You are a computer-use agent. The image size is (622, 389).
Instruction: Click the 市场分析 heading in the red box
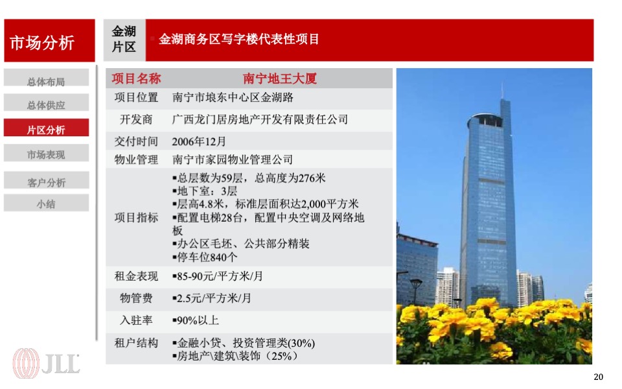point(42,43)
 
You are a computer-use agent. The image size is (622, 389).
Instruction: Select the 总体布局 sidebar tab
point(46,82)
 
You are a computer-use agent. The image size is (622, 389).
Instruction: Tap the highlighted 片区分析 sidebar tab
point(46,130)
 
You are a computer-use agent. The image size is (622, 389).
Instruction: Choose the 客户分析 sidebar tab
point(46,182)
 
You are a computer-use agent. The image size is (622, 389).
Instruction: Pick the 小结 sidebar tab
point(46,204)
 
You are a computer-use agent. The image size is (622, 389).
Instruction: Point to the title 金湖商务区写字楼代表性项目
point(239,40)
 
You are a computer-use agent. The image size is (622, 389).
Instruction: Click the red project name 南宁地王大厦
point(280,79)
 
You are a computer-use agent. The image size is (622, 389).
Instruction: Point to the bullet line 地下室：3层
point(206,191)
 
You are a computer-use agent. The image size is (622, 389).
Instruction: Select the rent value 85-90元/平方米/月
point(220,277)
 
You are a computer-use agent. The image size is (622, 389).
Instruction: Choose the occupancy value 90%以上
point(197,320)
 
